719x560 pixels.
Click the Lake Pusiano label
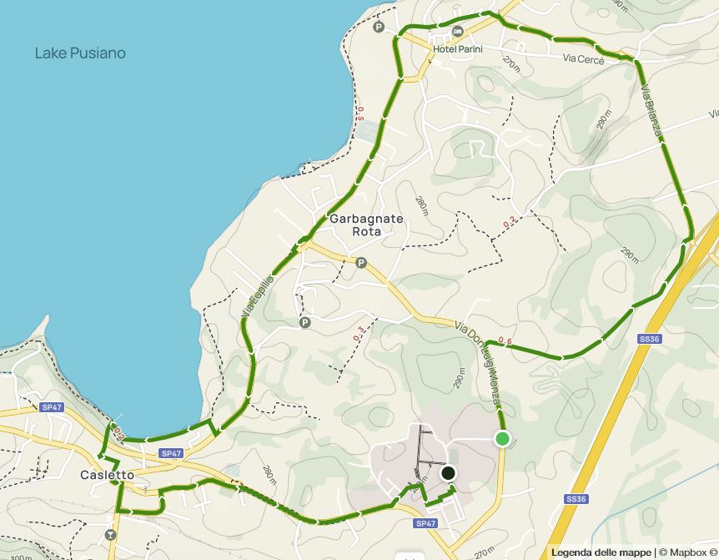click(80, 53)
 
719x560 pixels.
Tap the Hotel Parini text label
click(457, 48)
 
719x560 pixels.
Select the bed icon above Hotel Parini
click(457, 32)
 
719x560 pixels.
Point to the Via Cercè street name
click(581, 58)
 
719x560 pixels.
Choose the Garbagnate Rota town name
click(366, 225)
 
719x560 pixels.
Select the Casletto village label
click(107, 475)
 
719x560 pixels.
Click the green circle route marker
click(502, 439)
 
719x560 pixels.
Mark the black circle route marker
click(448, 473)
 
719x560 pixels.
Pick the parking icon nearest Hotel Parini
click(380, 27)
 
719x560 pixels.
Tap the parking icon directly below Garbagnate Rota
click(361, 263)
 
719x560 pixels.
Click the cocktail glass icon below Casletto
click(110, 534)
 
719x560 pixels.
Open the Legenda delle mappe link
click(601, 552)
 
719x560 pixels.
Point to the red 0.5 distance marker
click(360, 114)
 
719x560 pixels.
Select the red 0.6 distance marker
click(505, 341)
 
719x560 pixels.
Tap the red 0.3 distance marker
click(359, 334)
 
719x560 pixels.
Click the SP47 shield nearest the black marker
click(425, 523)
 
